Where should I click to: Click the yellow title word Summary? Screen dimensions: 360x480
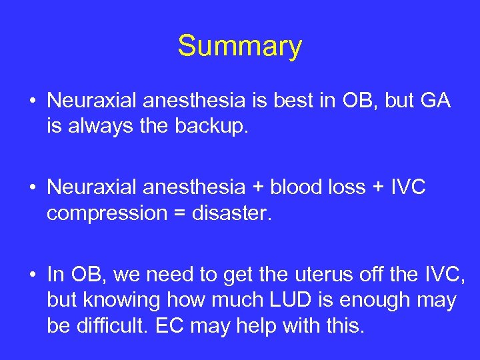coord(239,47)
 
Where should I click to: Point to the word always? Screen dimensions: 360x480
coord(97,127)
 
